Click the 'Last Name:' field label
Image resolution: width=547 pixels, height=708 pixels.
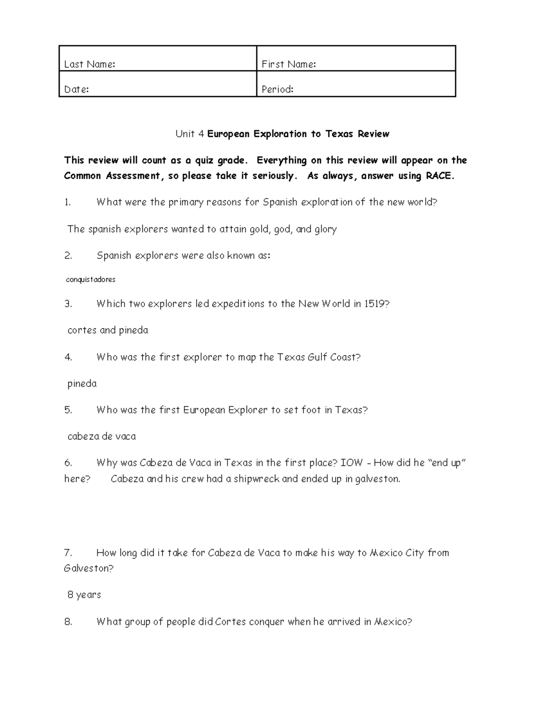tap(89, 64)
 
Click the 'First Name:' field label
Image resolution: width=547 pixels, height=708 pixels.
tap(289, 64)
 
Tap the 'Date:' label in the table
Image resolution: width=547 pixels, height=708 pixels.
tap(76, 89)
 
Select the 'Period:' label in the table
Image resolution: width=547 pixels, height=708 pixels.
tap(277, 89)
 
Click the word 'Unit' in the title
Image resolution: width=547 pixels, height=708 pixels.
tap(185, 134)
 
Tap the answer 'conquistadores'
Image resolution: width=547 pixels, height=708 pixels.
tap(91, 279)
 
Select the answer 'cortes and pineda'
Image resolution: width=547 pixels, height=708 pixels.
tap(108, 330)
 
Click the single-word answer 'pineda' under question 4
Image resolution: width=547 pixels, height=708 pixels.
tap(82, 384)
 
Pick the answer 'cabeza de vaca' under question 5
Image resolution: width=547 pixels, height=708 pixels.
tap(102, 437)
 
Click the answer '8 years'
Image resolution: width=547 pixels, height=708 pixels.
tap(84, 595)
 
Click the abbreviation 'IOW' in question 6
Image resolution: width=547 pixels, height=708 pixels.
tap(352, 463)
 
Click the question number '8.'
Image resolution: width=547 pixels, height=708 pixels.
tap(68, 622)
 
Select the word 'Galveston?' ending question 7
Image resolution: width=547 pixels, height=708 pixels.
tap(89, 568)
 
